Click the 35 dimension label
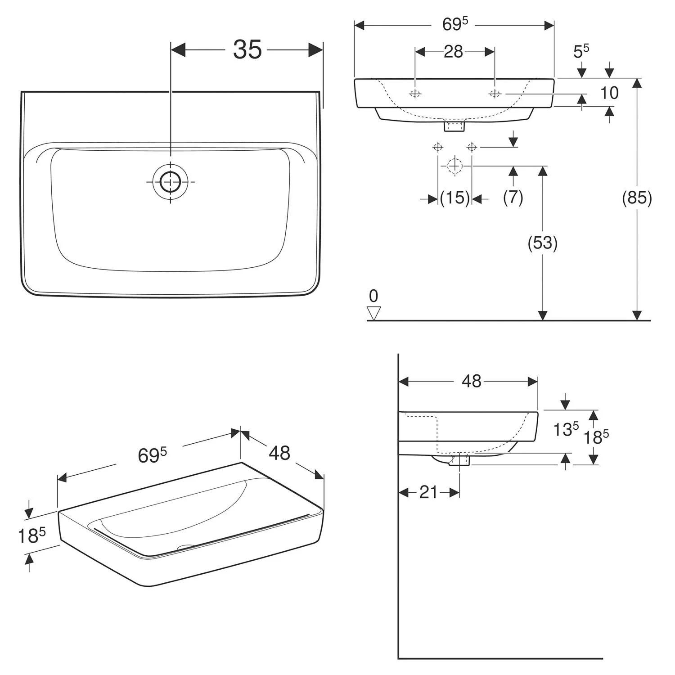click(247, 49)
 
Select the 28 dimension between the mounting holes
click(453, 52)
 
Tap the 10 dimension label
click(610, 93)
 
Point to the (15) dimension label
click(454, 198)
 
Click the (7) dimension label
click(513, 197)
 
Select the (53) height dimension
click(542, 243)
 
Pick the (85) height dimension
click(637, 198)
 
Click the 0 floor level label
click(373, 296)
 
